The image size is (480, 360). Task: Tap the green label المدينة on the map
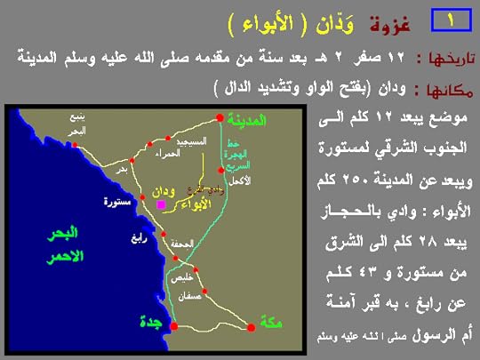click(x=248, y=118)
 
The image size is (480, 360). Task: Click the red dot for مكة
click(x=252, y=327)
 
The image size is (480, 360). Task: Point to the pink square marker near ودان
click(x=161, y=204)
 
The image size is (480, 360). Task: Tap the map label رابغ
click(x=132, y=237)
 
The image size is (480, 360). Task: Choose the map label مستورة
click(x=116, y=203)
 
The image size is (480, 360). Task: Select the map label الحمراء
click(x=166, y=155)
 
